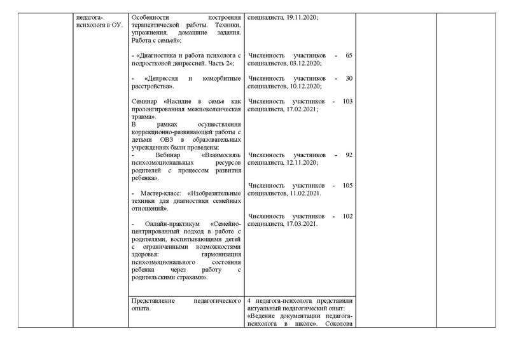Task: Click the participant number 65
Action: [349, 56]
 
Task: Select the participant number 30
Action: [349, 78]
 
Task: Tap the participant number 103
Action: [347, 101]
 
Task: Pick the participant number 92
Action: [349, 155]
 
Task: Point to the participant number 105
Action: [347, 186]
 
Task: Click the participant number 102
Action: [347, 216]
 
